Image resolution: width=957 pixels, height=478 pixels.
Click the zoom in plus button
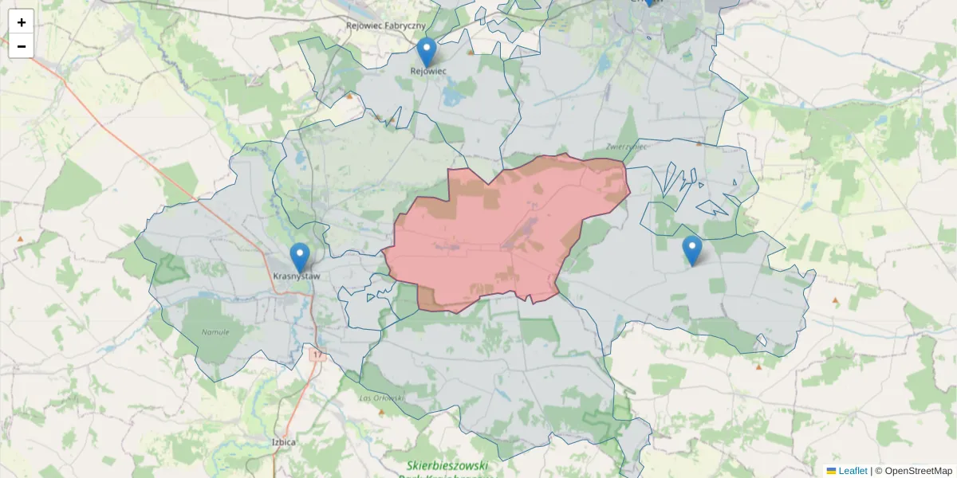pyautogui.click(x=22, y=22)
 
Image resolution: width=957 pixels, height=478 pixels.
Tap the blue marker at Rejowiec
pyautogui.click(x=427, y=52)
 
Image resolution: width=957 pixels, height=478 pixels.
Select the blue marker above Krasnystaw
pyautogui.click(x=300, y=257)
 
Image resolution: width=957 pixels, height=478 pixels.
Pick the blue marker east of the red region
pyautogui.click(x=692, y=250)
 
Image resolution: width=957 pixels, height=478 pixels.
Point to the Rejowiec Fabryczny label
pyautogui.click(x=385, y=25)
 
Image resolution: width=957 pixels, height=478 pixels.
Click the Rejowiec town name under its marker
pyautogui.click(x=428, y=71)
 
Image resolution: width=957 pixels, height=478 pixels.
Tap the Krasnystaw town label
pyautogui.click(x=296, y=276)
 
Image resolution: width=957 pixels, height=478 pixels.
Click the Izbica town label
pyautogui.click(x=284, y=441)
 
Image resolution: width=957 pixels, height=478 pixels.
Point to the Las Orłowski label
pyautogui.click(x=382, y=398)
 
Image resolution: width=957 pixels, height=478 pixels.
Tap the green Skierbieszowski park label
pyautogui.click(x=447, y=466)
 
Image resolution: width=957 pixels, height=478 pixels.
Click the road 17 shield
pyautogui.click(x=318, y=354)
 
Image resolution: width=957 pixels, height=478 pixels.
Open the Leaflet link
pyautogui.click(x=853, y=471)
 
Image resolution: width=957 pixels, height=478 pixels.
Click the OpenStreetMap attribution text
pyautogui.click(x=918, y=471)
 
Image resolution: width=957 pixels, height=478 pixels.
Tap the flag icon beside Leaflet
pyautogui.click(x=832, y=471)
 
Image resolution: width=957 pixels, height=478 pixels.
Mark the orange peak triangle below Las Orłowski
pyautogui.click(x=381, y=412)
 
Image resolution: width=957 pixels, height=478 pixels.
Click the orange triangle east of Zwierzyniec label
pyautogui.click(x=699, y=144)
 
